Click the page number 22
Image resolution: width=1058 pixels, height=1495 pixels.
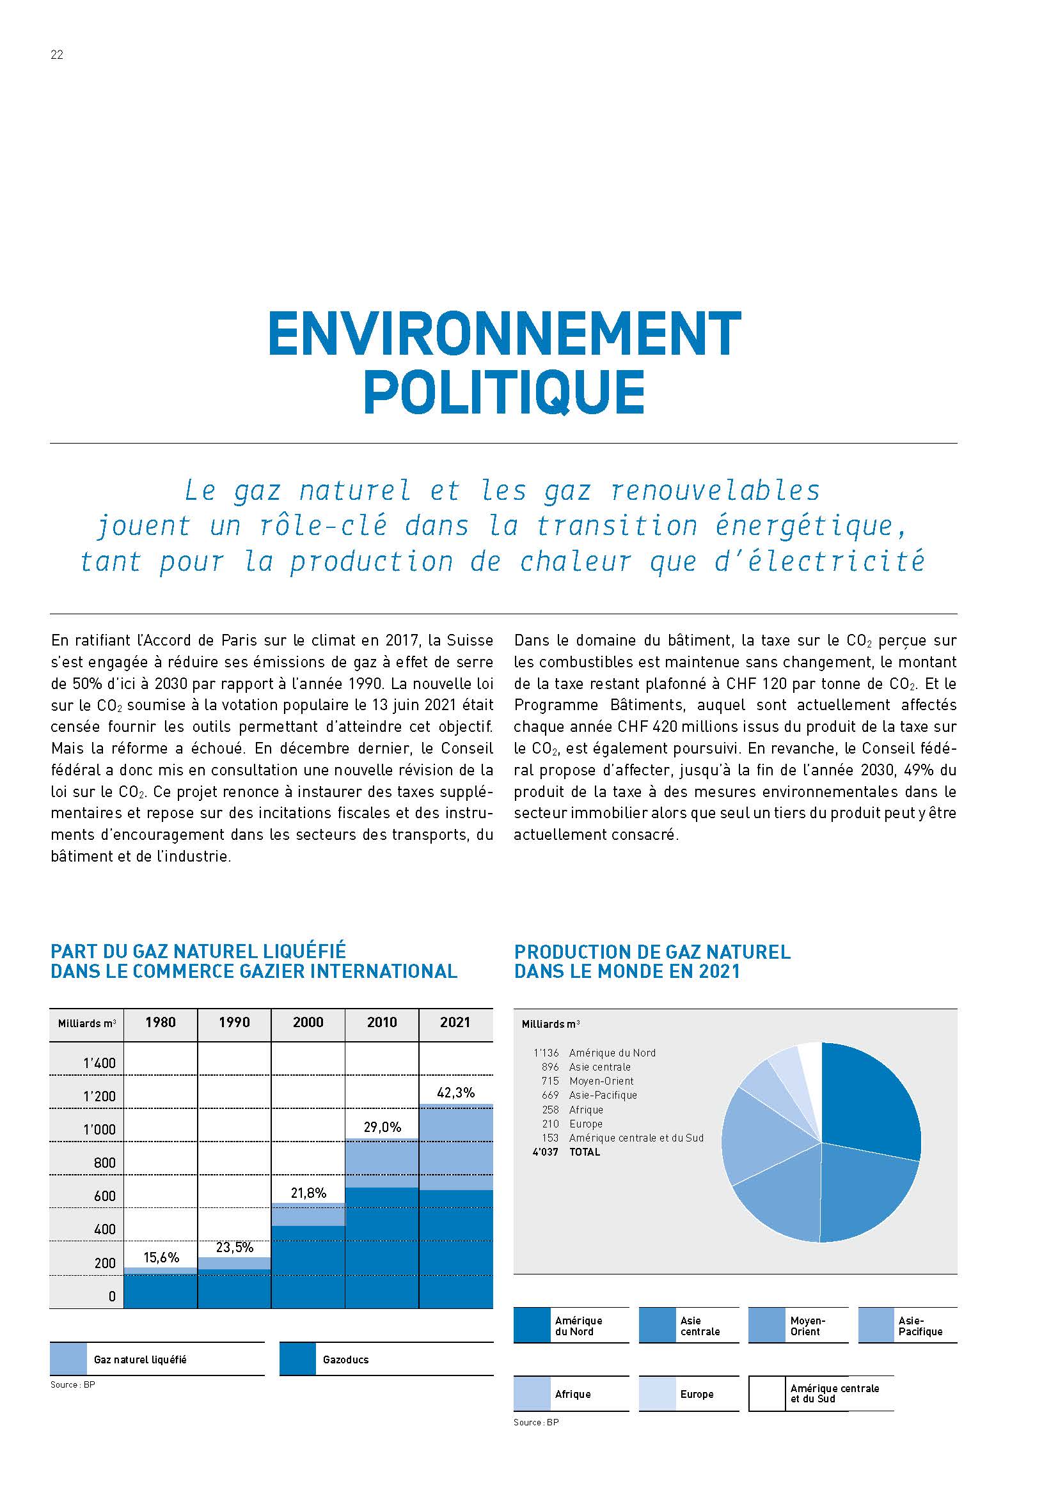pos(57,56)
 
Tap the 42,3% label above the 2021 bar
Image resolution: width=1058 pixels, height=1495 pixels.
pos(455,1092)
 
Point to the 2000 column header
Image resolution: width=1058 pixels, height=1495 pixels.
pos(308,1021)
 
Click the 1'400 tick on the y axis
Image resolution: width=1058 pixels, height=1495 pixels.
pos(100,1063)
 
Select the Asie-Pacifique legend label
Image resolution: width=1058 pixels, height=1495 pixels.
pos(920,1326)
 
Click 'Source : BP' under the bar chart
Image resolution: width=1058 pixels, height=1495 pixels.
pos(72,1384)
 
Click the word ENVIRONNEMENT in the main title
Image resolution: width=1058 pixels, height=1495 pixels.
pos(505,334)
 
